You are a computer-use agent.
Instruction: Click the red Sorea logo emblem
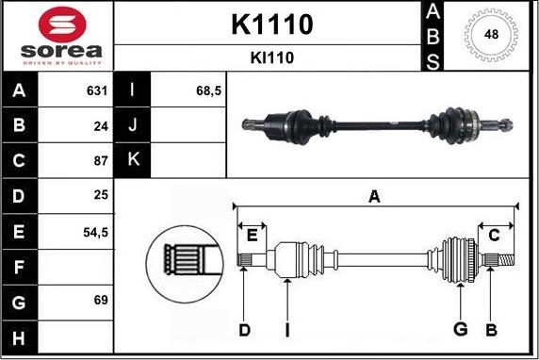pyautogui.click(x=62, y=25)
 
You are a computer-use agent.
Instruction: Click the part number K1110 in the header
pyautogui.click(x=272, y=25)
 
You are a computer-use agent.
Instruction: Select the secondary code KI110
pyautogui.click(x=272, y=57)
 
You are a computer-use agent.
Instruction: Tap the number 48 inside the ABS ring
pyautogui.click(x=491, y=34)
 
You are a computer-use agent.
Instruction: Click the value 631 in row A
pyautogui.click(x=97, y=90)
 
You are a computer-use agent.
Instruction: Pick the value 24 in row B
pyautogui.click(x=101, y=126)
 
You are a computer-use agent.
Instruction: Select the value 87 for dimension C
pyautogui.click(x=101, y=160)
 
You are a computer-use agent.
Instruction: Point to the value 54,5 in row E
pyautogui.click(x=95, y=233)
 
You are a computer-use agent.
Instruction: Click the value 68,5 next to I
pyautogui.click(x=208, y=90)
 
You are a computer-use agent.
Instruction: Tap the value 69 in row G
pyautogui.click(x=101, y=300)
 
